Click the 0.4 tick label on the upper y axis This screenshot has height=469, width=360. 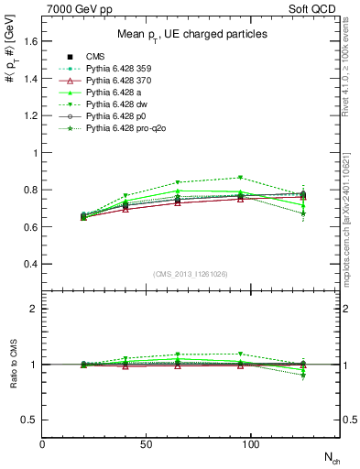pos(30,264)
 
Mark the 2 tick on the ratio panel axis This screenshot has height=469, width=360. pos(34,309)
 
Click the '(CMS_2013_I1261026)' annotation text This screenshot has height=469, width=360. pos(191,273)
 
